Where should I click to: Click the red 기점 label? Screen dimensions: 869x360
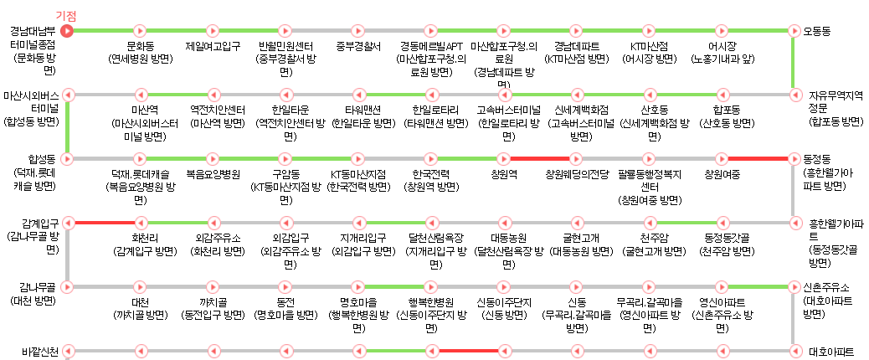65,16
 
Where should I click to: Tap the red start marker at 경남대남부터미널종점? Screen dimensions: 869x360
68,31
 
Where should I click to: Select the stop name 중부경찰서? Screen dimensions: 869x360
357,46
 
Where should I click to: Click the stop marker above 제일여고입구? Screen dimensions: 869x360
213,31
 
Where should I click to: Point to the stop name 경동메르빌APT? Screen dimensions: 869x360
430,46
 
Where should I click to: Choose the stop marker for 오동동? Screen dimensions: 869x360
793,31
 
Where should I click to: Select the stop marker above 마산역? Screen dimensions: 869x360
140,94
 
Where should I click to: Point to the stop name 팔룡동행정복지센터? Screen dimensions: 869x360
649,180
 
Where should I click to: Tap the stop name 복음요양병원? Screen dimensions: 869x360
213,174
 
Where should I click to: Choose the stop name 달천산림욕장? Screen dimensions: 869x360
430,238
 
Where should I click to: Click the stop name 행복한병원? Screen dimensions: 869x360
430,301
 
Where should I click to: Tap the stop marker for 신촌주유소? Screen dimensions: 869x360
793,286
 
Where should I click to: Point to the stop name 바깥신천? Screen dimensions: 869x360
40,351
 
